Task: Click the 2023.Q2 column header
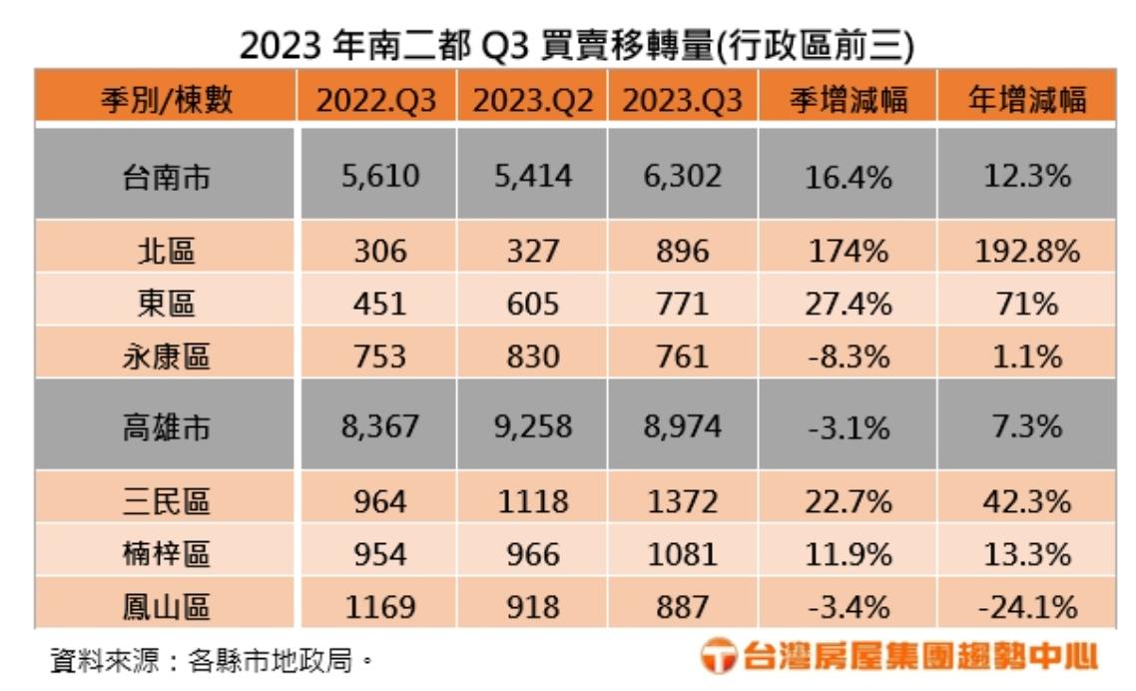click(x=533, y=99)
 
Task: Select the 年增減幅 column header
click(x=1027, y=99)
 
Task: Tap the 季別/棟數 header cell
click(x=167, y=99)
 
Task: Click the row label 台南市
click(x=167, y=177)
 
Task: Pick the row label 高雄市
click(x=167, y=426)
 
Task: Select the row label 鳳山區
click(x=167, y=605)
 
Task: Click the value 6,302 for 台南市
click(x=683, y=177)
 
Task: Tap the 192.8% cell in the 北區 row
click(x=1027, y=250)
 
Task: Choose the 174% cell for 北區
click(x=848, y=250)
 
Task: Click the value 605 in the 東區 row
click(x=533, y=302)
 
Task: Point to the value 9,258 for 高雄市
click(x=533, y=426)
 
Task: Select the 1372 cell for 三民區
click(x=683, y=500)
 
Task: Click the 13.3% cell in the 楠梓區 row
click(x=1027, y=552)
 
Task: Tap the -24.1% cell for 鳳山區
click(x=1027, y=605)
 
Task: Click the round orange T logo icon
click(x=718, y=657)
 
